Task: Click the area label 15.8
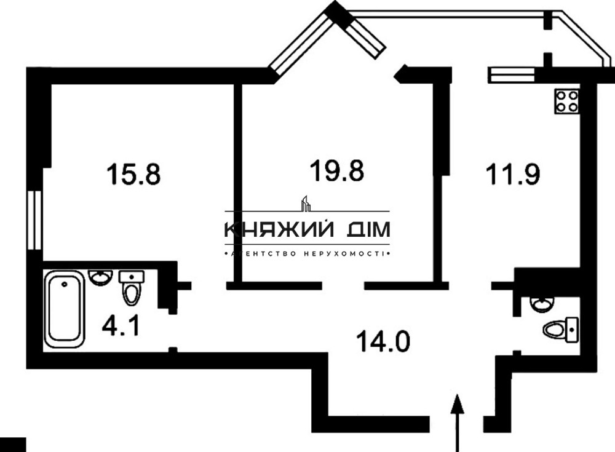pos(133,173)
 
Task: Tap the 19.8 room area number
pos(336,170)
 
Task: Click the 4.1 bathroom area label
pos(121,324)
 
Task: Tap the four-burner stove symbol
pos(567,100)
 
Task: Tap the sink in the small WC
pos(541,303)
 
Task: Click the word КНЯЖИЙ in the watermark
pos(277,230)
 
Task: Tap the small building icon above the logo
pos(305,204)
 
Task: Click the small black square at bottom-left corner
pos(12,445)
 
